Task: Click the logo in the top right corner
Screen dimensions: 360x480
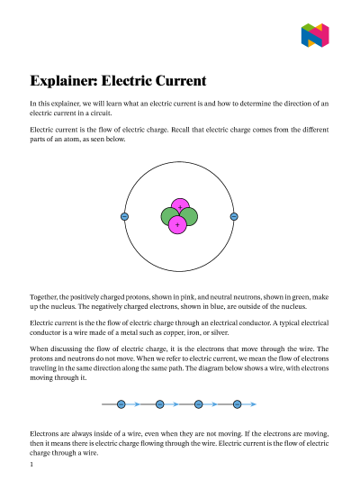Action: (315, 35)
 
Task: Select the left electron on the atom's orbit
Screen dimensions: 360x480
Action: (124, 216)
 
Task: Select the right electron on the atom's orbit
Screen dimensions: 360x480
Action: (234, 216)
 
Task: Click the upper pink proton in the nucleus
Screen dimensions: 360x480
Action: (179, 208)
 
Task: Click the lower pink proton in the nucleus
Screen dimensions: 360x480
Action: (177, 223)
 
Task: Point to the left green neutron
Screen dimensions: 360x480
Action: (169, 217)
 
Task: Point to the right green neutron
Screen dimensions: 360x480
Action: (189, 217)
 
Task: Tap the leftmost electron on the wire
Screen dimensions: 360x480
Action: (121, 404)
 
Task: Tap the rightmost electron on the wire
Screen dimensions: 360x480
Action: (238, 404)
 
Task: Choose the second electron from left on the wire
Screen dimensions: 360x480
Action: (159, 404)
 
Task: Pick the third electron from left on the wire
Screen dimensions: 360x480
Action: (198, 404)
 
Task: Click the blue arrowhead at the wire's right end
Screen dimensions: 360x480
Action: (253, 404)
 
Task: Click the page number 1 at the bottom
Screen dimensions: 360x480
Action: (31, 466)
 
